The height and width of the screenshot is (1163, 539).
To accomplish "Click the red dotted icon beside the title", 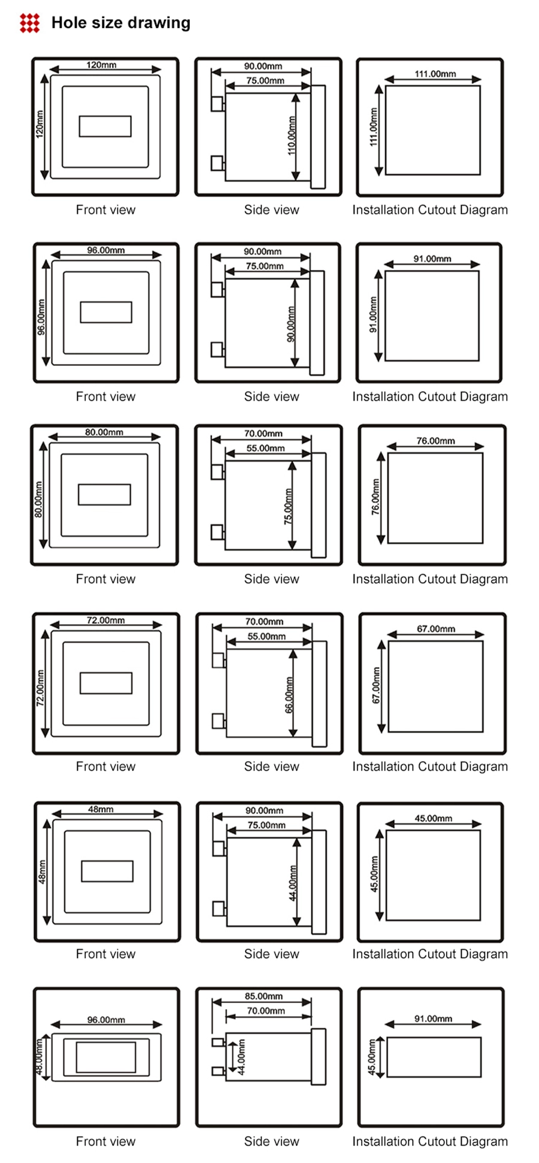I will point(29,23).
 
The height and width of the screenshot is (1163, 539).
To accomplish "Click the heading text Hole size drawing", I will point(120,23).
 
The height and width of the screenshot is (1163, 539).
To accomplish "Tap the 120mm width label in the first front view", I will point(101,65).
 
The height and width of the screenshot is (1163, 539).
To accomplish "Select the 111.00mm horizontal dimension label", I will point(435,74).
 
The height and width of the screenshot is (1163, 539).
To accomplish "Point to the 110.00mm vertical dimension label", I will point(292,135).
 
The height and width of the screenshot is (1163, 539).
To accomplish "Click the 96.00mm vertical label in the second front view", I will point(41,317).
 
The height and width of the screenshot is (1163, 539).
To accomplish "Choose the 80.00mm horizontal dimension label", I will point(104,432).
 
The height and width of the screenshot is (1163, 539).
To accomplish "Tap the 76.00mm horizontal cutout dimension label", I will point(435,441).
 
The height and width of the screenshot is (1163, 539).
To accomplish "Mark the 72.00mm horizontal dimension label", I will point(105,620).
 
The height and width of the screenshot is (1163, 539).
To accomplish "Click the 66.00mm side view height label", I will point(289,695).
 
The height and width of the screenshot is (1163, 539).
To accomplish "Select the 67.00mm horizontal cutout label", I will point(436,629).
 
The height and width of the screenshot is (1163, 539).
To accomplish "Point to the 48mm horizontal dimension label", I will point(101,809).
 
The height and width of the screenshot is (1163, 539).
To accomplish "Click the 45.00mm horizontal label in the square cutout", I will point(433,818).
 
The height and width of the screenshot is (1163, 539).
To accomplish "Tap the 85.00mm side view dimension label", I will point(264,996).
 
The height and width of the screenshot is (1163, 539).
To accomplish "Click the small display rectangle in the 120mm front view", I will point(105,126).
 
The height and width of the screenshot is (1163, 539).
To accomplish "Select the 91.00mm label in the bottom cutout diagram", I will point(433,1019).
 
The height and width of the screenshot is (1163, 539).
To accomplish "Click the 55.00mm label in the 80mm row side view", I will point(265,448).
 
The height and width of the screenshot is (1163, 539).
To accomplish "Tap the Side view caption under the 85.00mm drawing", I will point(271,1141).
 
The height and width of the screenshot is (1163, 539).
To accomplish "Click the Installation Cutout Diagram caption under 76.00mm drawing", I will point(429,579).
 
